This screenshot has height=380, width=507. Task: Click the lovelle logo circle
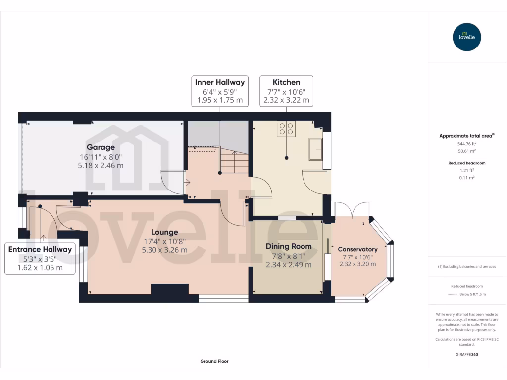(466, 37)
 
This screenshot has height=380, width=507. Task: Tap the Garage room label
(101, 147)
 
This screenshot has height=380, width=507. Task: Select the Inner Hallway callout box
(220, 91)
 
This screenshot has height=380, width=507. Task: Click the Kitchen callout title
(286, 82)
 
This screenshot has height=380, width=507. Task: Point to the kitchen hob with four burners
(286, 129)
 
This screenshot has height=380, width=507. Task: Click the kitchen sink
(315, 149)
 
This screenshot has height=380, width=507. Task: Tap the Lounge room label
(164, 232)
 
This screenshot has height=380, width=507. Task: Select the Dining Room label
(289, 246)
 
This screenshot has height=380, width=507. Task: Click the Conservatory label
(357, 249)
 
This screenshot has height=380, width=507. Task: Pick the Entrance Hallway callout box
(40, 258)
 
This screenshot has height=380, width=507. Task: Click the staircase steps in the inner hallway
(234, 160)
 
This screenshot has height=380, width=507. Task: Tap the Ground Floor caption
(214, 361)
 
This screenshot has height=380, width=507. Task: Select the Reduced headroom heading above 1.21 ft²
(467, 163)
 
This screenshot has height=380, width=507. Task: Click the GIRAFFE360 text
(467, 354)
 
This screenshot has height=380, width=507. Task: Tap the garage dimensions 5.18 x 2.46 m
(101, 166)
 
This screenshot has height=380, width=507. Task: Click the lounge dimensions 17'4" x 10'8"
(164, 241)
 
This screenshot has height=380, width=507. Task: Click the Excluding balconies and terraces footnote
(467, 267)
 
